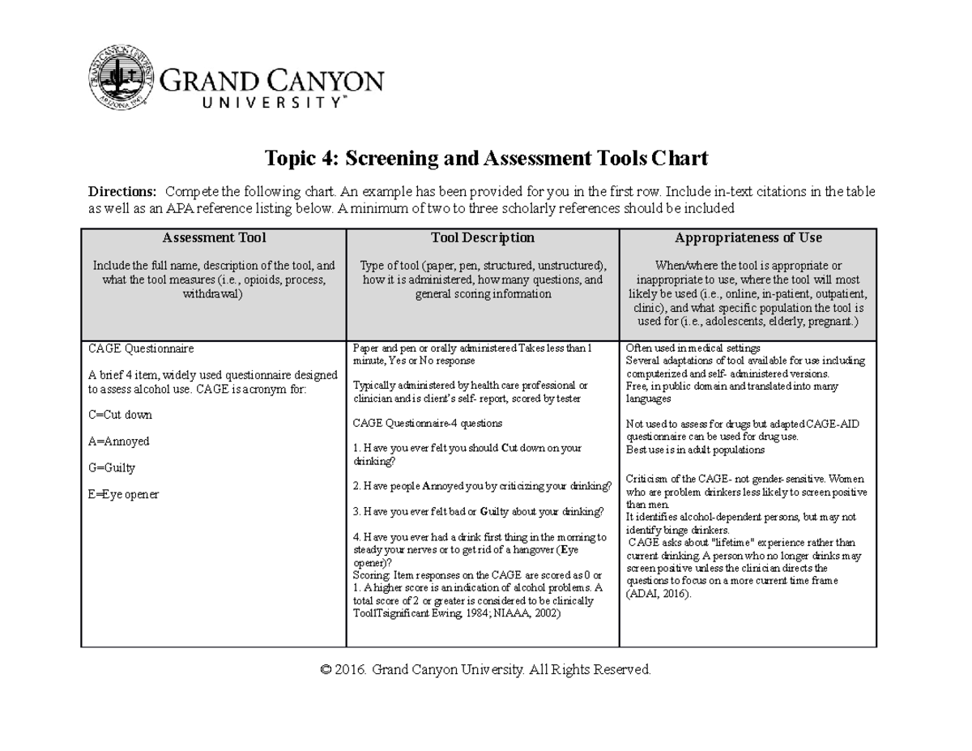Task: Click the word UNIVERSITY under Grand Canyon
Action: click(254, 103)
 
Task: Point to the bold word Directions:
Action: click(122, 192)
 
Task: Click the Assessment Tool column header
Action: click(214, 238)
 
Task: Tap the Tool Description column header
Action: click(483, 238)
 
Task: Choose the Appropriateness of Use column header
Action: click(748, 238)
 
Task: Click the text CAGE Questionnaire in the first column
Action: click(141, 348)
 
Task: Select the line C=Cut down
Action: click(120, 415)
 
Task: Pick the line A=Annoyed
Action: click(118, 442)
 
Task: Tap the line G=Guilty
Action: click(112, 468)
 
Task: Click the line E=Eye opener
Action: click(123, 494)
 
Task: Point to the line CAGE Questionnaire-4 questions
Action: click(428, 423)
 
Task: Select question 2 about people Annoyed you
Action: click(483, 486)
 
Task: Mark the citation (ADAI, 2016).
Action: click(659, 594)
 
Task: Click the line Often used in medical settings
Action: click(693, 348)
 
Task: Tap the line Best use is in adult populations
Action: click(695, 450)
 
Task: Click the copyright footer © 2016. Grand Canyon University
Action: click(485, 670)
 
